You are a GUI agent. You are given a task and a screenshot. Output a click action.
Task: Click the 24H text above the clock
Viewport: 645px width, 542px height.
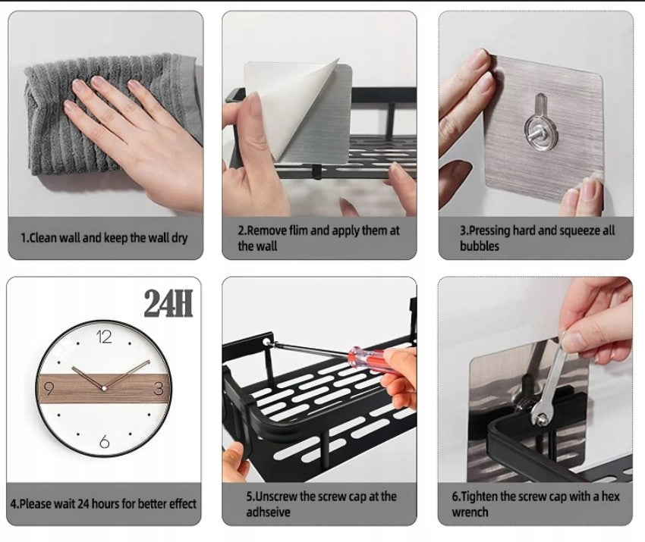[x=168, y=303]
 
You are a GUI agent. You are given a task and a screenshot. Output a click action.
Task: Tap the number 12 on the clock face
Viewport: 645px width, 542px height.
[x=104, y=337]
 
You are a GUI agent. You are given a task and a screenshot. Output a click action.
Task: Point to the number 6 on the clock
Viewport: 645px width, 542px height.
[x=105, y=442]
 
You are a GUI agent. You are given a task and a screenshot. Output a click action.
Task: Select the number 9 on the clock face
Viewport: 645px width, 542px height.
[x=49, y=388]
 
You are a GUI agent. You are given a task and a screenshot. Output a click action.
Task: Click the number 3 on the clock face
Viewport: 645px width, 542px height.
[x=159, y=388]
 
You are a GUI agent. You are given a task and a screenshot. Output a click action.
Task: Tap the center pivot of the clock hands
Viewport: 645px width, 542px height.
[x=104, y=388]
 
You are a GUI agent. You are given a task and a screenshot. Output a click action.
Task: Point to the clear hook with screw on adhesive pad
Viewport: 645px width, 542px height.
[x=541, y=124]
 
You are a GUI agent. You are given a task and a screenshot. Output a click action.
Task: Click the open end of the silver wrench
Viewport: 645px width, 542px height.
[x=540, y=418]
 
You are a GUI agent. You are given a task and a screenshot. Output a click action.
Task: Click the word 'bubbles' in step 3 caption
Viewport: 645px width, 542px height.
[x=480, y=246]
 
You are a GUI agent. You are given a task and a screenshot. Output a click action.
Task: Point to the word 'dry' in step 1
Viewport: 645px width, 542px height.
[x=179, y=238]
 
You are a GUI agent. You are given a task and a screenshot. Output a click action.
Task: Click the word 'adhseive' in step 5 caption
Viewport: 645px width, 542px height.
[x=268, y=512]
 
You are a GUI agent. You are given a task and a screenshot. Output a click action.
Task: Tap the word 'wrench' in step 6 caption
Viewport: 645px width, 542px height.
[x=470, y=512]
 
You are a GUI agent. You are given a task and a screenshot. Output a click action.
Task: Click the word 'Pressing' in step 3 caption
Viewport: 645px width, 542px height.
[x=489, y=231]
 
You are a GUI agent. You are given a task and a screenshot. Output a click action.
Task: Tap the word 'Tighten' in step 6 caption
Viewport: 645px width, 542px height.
[x=480, y=497]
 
